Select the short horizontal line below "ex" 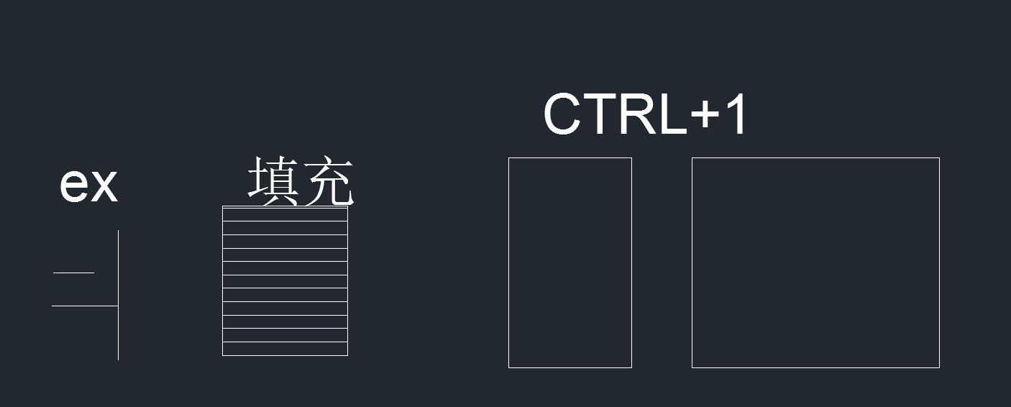73,273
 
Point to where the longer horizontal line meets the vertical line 118,306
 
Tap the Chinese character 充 328,183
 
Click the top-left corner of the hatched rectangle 223,206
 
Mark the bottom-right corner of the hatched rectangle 347,355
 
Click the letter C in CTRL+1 562,114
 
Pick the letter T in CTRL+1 601,114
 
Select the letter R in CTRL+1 639,114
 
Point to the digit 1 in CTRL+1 737,114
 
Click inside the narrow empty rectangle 569,262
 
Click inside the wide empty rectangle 815,262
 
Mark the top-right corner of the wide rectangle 939,158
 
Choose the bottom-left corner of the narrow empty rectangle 509,367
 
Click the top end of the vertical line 118,232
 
